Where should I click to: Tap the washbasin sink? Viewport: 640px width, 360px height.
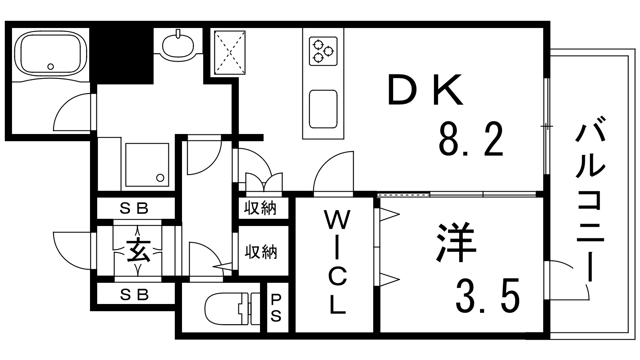click(178, 45)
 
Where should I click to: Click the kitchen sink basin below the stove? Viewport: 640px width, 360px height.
click(323, 109)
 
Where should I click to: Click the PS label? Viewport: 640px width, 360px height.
click(276, 308)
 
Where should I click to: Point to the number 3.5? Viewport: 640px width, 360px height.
click(488, 296)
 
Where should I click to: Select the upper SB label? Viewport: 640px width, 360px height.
click(135, 208)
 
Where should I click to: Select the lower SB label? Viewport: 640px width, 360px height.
click(135, 295)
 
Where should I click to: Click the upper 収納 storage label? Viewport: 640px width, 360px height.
click(261, 208)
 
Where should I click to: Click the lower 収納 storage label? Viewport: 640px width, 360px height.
click(261, 252)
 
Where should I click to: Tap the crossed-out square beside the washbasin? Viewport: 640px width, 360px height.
click(230, 52)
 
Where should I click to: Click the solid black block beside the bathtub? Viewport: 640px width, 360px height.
click(124, 55)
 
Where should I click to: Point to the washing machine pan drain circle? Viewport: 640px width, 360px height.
click(160, 177)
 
